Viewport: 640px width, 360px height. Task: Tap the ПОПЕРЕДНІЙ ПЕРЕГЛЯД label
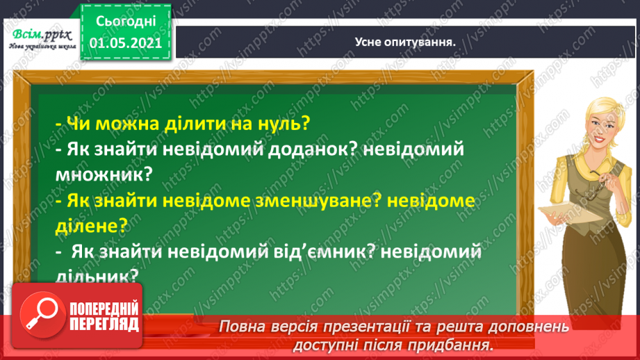click(103, 316)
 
